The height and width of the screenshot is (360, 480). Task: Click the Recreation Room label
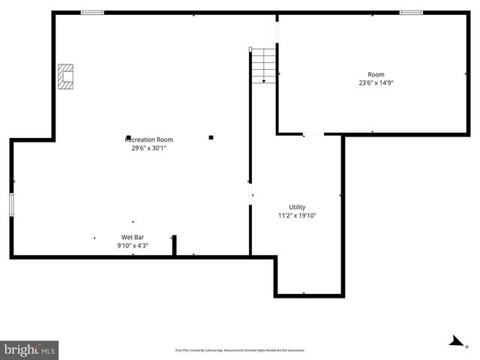(148, 139)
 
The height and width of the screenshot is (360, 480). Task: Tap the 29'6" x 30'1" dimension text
(148, 148)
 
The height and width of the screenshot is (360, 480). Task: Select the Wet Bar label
(133, 237)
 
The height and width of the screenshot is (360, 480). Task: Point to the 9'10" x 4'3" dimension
(133, 245)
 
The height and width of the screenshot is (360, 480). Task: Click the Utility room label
(297, 207)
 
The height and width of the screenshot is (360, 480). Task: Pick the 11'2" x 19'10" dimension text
(297, 216)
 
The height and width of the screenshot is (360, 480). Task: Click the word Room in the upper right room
(376, 74)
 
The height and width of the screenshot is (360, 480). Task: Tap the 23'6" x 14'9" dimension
(376, 83)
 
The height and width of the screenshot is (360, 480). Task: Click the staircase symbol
(263, 65)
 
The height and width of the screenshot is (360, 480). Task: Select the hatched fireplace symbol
(67, 76)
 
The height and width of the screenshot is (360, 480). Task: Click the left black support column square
(129, 137)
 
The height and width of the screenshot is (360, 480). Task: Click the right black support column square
(211, 137)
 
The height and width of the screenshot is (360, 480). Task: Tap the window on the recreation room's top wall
(92, 12)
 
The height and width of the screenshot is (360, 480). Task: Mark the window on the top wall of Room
(411, 12)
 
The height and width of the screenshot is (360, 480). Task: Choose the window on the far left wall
(11, 205)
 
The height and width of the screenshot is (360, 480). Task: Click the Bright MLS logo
(29, 349)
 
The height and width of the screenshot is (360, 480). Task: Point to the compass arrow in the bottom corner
(454, 341)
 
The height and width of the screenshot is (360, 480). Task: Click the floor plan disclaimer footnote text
(239, 350)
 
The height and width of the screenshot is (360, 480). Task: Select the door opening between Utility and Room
(313, 134)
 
